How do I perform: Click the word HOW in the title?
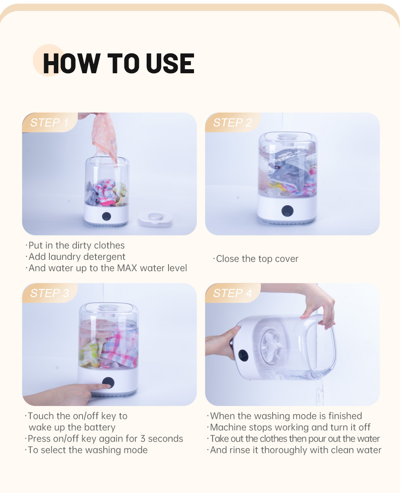click(x=72, y=63)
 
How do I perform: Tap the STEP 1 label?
click(x=49, y=123)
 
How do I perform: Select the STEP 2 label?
click(x=232, y=123)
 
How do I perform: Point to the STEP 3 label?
click(x=49, y=293)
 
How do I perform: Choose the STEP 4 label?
click(x=232, y=293)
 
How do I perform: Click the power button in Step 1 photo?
click(x=107, y=217)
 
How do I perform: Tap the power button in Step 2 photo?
click(x=287, y=211)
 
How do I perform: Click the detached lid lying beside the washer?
click(x=156, y=219)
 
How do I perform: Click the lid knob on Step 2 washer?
click(x=288, y=136)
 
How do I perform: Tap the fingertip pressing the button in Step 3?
click(x=107, y=386)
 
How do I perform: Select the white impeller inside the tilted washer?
click(x=272, y=347)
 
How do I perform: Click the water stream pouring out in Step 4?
click(x=320, y=389)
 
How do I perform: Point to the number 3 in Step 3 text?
click(x=143, y=439)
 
